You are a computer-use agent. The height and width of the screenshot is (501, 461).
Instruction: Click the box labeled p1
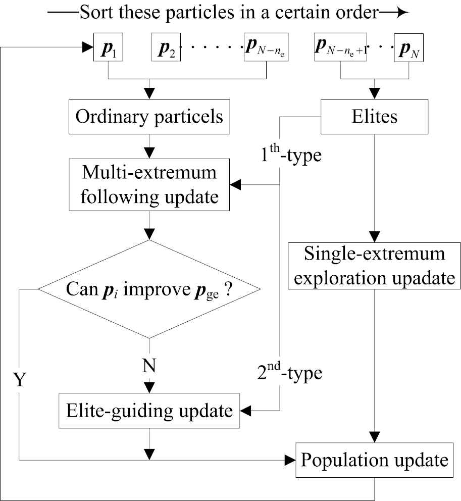pyautogui.click(x=108, y=48)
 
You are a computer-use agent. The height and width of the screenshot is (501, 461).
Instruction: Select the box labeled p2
pyautogui.click(x=166, y=48)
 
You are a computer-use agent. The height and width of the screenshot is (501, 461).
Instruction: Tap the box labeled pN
pyautogui.click(x=408, y=48)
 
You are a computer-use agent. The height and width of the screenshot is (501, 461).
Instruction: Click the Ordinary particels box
pyautogui.click(x=149, y=117)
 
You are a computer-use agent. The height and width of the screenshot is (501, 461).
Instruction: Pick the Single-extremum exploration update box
pyautogui.click(x=375, y=266)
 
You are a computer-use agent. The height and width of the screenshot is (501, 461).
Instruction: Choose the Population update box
pyautogui.click(x=375, y=461)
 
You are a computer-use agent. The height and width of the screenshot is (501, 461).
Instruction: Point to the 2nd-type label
pyautogui.click(x=290, y=374)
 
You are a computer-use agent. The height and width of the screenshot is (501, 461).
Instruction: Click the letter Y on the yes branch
pyautogui.click(x=19, y=380)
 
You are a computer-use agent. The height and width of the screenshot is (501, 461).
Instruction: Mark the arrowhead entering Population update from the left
pyautogui.click(x=290, y=460)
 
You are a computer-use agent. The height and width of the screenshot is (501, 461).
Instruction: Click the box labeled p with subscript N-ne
pyautogui.click(x=266, y=48)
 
